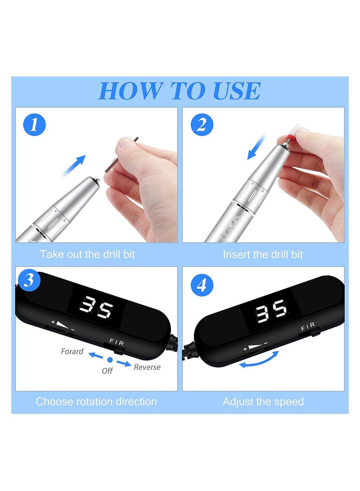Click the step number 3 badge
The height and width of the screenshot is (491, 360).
click(x=28, y=280)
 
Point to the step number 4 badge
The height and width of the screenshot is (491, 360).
click(x=202, y=285)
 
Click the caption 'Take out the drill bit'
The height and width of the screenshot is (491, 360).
click(x=87, y=254)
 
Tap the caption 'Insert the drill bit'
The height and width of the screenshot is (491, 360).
click(x=263, y=254)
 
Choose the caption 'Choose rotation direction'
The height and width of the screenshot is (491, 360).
click(x=96, y=401)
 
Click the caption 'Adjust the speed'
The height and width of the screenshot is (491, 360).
click(x=263, y=401)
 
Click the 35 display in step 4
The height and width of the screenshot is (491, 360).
click(x=271, y=310)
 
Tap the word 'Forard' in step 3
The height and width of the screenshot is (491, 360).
click(x=72, y=351)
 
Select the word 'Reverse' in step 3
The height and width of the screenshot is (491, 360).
click(x=147, y=367)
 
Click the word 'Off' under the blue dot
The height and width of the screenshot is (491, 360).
click(x=107, y=371)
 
